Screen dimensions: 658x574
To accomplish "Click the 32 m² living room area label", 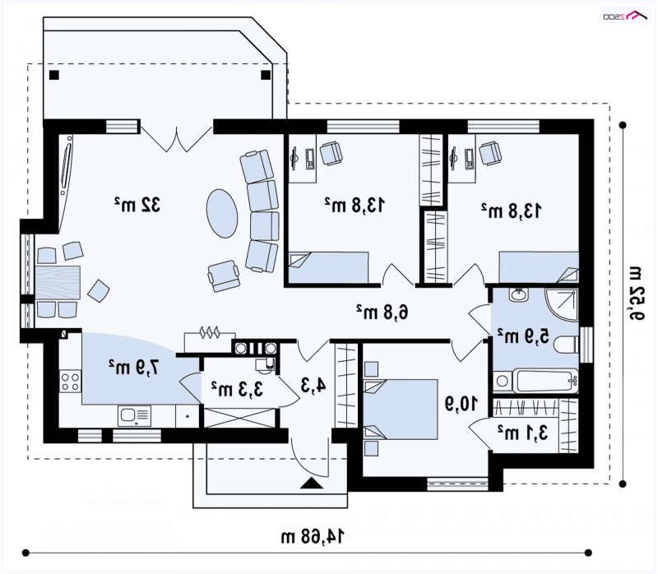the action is [x=137, y=204].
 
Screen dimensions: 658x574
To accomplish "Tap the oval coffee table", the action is [x=222, y=213].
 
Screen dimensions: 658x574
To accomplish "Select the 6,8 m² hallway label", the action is [x=382, y=312].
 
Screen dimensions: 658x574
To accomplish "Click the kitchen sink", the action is [x=134, y=415].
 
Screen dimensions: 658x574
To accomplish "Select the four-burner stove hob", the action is [x=70, y=381].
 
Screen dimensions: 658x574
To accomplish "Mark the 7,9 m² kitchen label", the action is [x=134, y=367].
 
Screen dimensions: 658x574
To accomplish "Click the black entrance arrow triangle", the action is [x=312, y=483].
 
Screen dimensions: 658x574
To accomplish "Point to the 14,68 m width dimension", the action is [x=313, y=536].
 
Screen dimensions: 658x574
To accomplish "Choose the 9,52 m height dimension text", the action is [x=636, y=293].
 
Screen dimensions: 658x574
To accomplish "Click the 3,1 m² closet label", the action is [x=523, y=433].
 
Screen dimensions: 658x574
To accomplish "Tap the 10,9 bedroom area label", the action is [x=461, y=404].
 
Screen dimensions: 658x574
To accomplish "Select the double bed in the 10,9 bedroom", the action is [x=401, y=410].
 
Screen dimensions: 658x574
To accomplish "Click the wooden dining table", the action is [x=58, y=282].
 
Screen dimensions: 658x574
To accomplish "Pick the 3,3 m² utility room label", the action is [x=237, y=389].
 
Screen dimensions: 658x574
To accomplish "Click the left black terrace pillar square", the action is [x=54, y=75].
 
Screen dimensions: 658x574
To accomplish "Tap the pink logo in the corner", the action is [x=626, y=16].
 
